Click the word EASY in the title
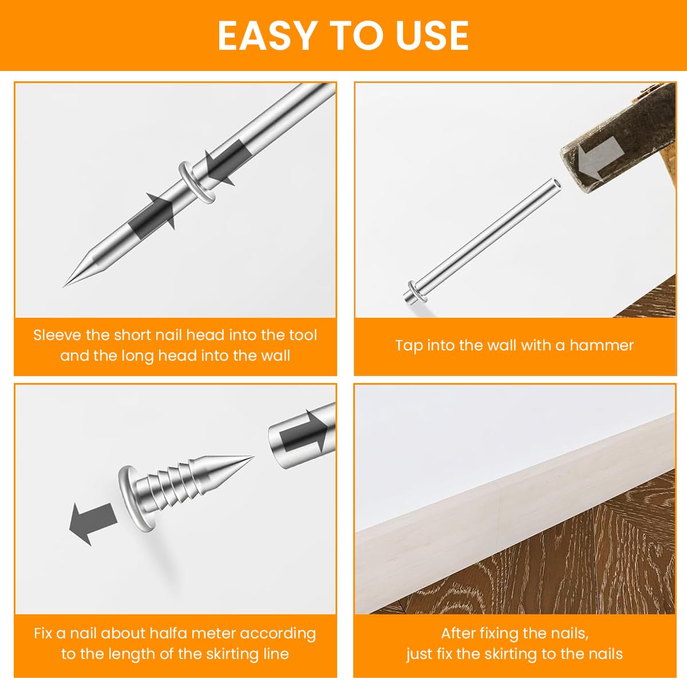(x=267, y=35)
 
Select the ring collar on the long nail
(x=196, y=182)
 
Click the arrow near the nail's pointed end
(x=153, y=212)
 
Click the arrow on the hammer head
(x=599, y=157)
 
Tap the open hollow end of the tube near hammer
(x=555, y=184)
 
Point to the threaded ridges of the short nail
(x=175, y=481)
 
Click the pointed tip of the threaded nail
(x=252, y=457)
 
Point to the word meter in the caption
(x=214, y=634)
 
